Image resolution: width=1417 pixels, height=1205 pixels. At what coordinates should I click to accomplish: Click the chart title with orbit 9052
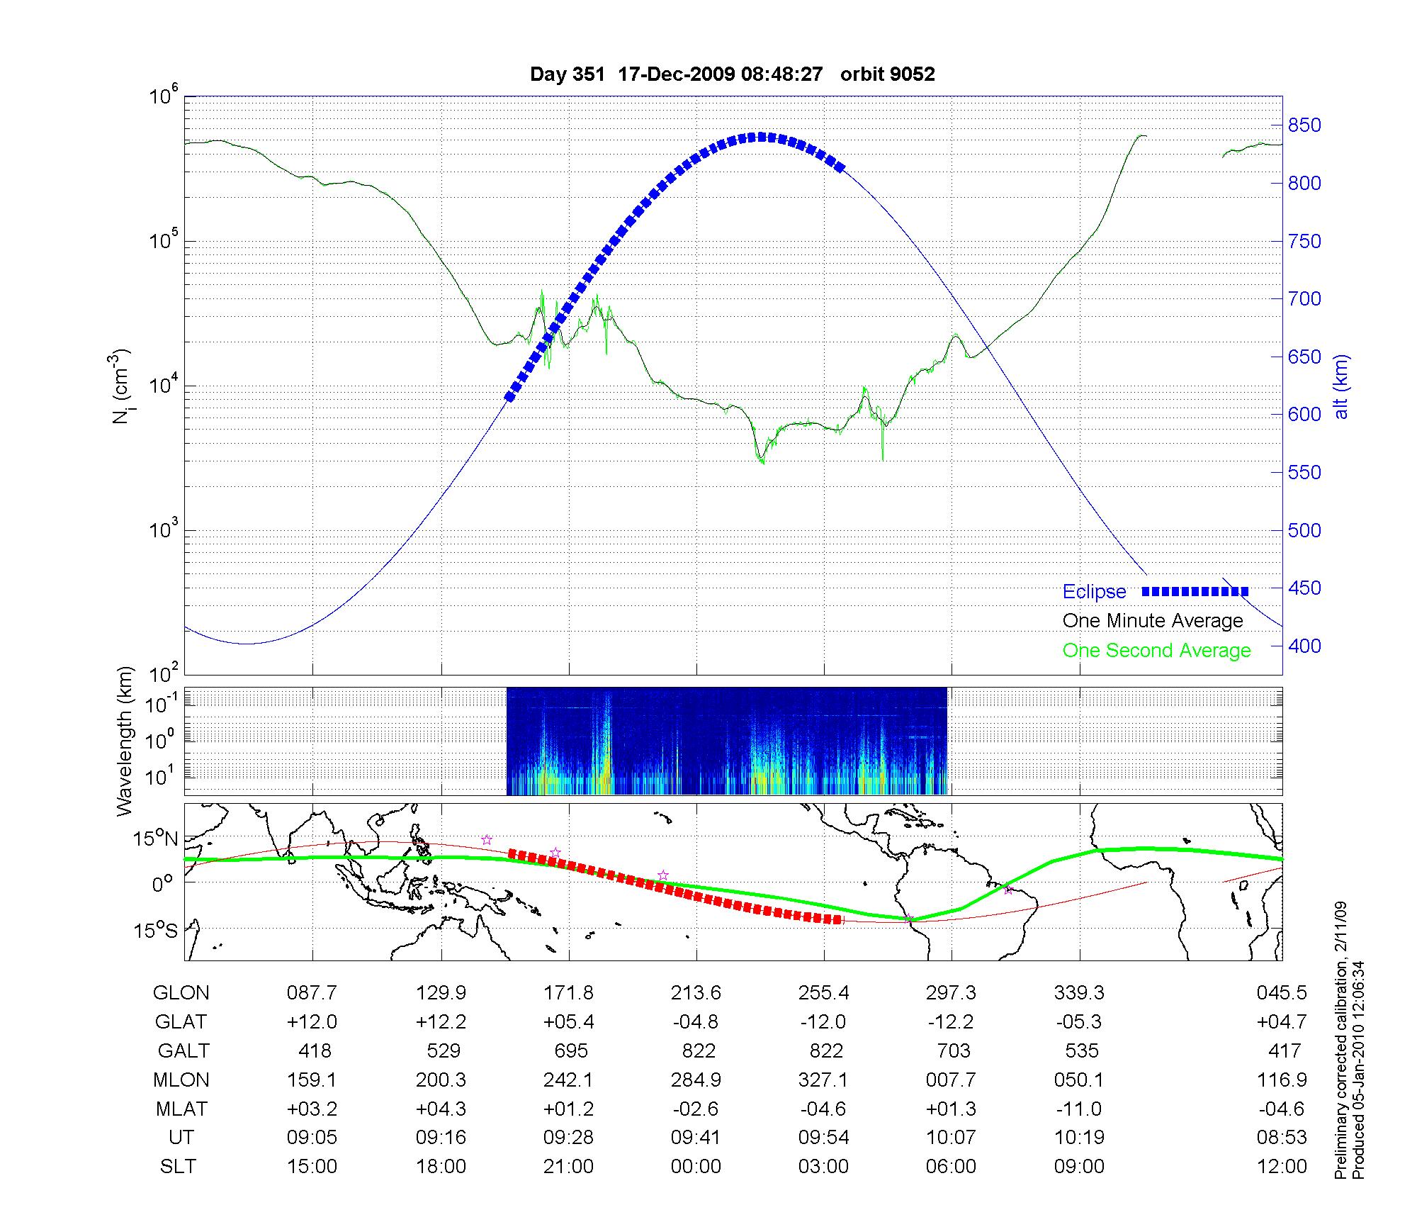pos(732,74)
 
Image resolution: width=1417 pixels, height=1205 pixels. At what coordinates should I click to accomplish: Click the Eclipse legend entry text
pos(1094,592)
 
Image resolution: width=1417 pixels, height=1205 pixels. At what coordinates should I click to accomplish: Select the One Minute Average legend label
pos(1153,621)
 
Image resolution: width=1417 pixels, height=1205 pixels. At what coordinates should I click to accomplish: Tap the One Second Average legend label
pos(1156,651)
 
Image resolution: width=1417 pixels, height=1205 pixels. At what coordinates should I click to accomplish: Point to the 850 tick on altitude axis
pos(1304,126)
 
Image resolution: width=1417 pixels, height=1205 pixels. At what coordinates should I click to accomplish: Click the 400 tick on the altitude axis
pos(1304,646)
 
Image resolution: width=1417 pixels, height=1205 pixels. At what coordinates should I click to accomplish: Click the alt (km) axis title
pos(1341,386)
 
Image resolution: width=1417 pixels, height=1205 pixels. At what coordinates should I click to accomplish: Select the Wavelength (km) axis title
pos(125,741)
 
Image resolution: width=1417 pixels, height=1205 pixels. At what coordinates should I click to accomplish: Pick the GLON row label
pos(181,993)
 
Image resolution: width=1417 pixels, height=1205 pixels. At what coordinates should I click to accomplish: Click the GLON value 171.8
pos(568,993)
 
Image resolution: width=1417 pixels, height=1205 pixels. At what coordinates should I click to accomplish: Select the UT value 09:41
pos(696,1138)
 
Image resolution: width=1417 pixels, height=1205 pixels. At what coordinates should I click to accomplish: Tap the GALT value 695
pos(568,1051)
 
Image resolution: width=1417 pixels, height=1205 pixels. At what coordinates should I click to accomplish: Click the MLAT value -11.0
pos(1079,1109)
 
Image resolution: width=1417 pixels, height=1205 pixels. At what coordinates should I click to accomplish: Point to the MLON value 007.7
pos(951,1080)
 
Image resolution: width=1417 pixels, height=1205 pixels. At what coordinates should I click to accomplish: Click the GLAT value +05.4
pos(568,1022)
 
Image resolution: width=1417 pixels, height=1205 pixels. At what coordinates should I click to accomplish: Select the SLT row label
pos(178,1167)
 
